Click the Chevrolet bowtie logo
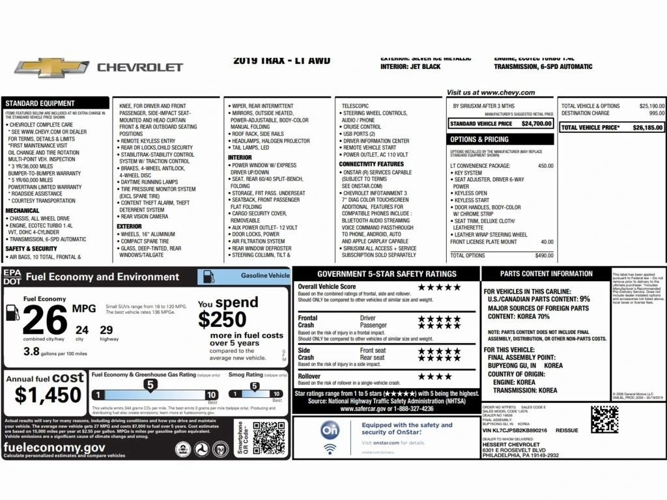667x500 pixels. (x=51, y=67)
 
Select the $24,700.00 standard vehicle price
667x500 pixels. (x=536, y=123)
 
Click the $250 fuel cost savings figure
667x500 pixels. (x=222, y=319)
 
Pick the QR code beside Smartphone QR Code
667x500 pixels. (x=269, y=437)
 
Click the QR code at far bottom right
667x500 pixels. (x=604, y=419)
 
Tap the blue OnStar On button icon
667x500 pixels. (x=330, y=430)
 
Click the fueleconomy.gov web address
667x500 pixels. (x=54, y=448)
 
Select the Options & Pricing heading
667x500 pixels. (x=479, y=139)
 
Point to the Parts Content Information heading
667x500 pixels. (x=546, y=273)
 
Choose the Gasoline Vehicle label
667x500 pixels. (x=265, y=275)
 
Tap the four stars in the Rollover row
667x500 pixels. (x=434, y=376)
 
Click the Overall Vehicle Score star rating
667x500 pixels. (x=439, y=286)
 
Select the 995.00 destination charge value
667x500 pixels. (x=656, y=113)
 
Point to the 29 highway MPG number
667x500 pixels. (x=106, y=330)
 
